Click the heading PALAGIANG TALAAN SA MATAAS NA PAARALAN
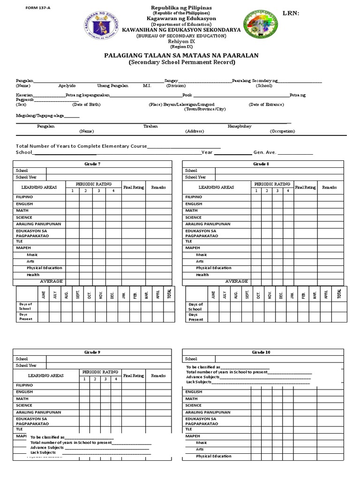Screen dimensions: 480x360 181,55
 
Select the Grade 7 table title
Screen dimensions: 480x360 92,164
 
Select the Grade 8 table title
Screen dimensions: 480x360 261,164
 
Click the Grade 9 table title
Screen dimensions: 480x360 92,352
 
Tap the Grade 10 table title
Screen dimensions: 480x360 261,352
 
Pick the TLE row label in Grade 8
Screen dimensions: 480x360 189,241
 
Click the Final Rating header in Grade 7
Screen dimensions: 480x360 134,187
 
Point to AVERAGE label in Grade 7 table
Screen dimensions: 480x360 51,281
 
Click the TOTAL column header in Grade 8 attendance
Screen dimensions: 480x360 339,294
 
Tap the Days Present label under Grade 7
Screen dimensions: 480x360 25,317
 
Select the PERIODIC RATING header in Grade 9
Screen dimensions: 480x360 100,372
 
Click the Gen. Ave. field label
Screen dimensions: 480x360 265,152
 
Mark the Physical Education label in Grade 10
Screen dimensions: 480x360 213,456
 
